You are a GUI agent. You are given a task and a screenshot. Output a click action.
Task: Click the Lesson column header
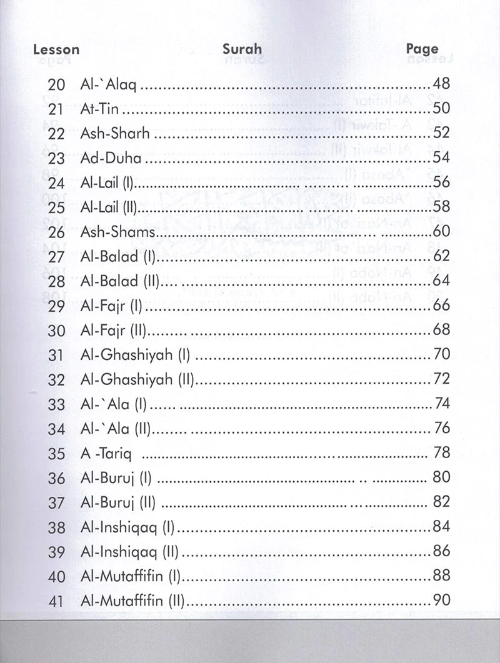click(x=56, y=49)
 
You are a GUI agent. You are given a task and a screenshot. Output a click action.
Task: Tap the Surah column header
click(x=242, y=49)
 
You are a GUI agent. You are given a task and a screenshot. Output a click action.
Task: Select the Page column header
click(x=422, y=49)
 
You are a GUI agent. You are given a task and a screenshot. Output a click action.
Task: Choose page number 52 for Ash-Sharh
click(x=441, y=133)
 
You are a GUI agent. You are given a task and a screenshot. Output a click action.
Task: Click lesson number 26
click(x=56, y=232)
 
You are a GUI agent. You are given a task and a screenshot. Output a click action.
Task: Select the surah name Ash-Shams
click(x=117, y=232)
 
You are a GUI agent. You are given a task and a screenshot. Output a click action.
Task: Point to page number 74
click(x=441, y=404)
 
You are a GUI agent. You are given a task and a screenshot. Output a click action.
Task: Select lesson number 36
click(x=56, y=478)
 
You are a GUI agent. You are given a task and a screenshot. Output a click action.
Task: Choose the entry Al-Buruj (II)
click(x=118, y=502)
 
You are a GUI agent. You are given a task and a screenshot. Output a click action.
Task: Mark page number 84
click(x=441, y=527)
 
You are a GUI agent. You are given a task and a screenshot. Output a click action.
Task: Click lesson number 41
click(x=56, y=601)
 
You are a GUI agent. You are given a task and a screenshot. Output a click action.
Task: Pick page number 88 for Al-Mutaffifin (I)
click(x=441, y=576)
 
